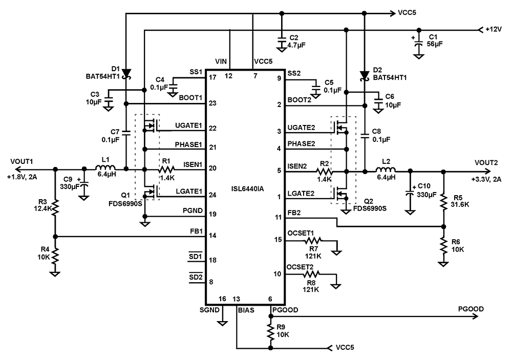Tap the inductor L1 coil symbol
click(105, 168)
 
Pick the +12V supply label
click(495, 30)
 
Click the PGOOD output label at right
click(471, 309)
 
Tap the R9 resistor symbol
click(270, 334)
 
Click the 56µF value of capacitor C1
click(435, 45)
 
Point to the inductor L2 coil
click(387, 171)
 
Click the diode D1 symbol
click(126, 75)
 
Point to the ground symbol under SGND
click(222, 323)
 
